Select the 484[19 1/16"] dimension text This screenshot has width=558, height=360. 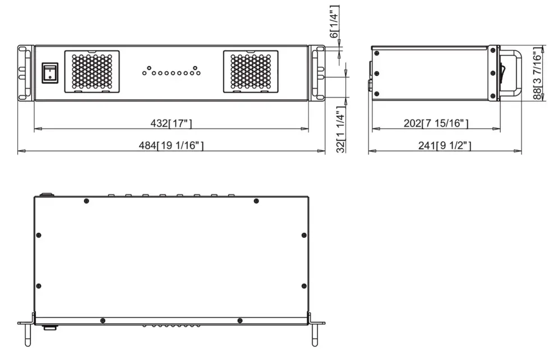tap(171, 146)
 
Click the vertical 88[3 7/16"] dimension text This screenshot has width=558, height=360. tap(538, 73)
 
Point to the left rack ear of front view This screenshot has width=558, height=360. tap(25, 73)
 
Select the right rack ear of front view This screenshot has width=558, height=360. tap(318, 73)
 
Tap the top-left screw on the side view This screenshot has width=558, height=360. tap(376, 53)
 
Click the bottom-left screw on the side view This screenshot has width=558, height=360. tap(376, 94)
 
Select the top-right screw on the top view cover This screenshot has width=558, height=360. tap(256, 201)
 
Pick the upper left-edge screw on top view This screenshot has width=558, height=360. tap(39, 234)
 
